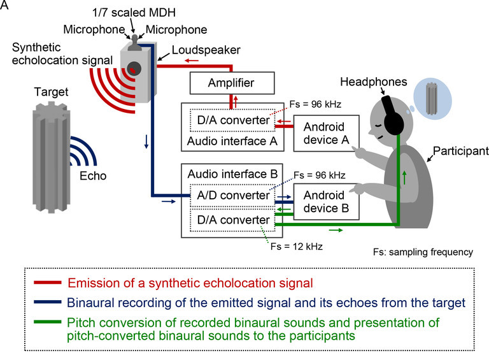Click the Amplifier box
pos(231,83)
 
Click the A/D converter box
pos(230,196)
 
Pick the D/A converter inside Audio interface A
pos(230,120)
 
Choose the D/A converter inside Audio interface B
pos(230,220)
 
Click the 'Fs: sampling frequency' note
pos(423,252)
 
